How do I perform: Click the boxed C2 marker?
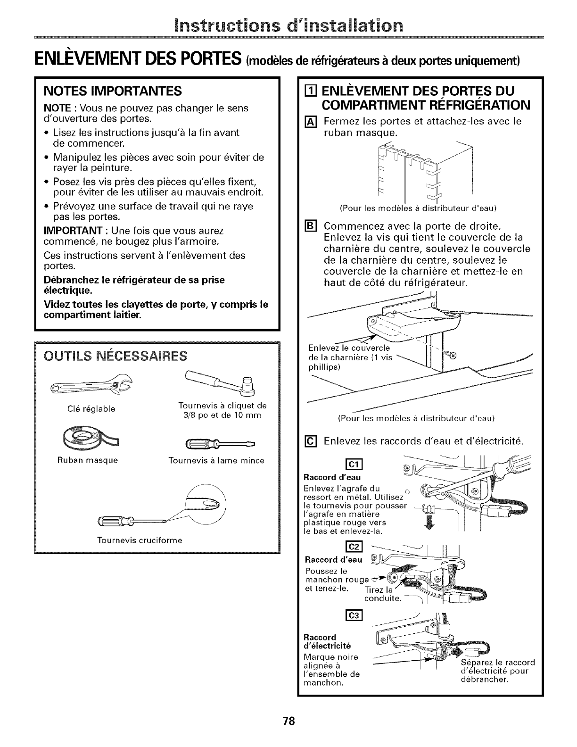[x=354, y=547]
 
